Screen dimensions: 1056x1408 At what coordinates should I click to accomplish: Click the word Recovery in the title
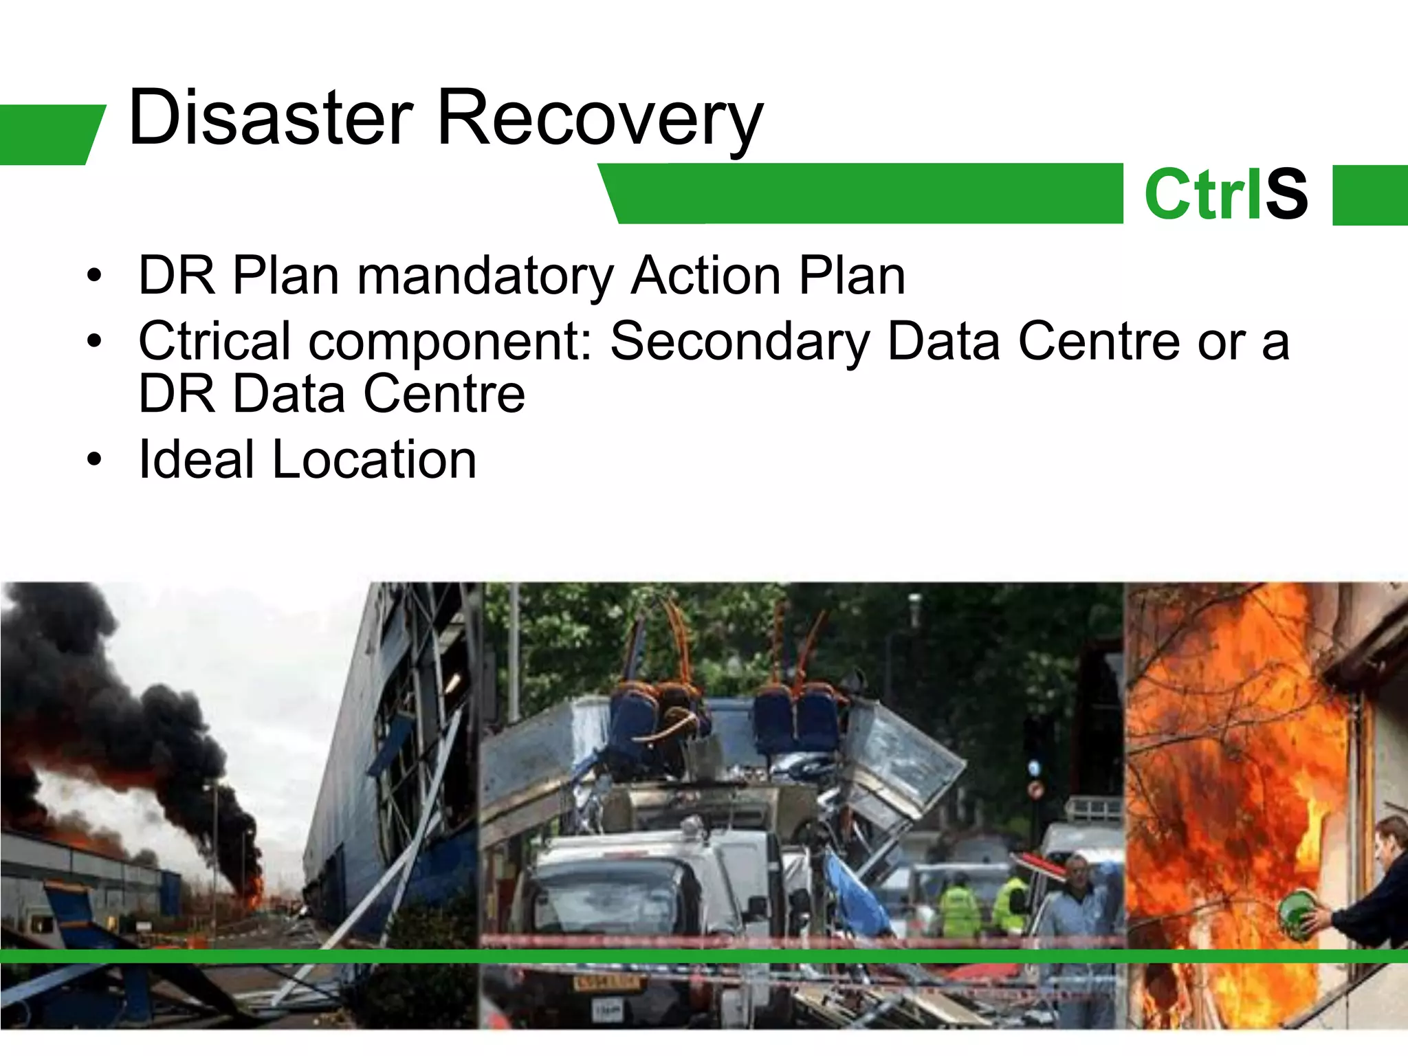(x=599, y=118)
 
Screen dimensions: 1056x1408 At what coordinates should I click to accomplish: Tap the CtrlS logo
(x=1226, y=195)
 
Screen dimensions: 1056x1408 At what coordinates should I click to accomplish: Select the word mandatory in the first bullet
(x=485, y=276)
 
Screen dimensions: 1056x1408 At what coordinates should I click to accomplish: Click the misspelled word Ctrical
(x=214, y=341)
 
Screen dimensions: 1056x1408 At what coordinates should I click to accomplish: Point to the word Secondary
(x=740, y=341)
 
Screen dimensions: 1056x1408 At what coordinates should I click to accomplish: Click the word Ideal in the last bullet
(x=197, y=459)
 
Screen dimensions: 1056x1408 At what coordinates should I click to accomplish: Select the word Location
(x=374, y=459)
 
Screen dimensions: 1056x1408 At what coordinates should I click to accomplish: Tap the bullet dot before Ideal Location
(x=94, y=459)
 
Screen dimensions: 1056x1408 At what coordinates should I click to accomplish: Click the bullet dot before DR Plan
(x=94, y=276)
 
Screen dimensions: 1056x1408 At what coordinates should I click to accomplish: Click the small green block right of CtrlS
(x=1369, y=195)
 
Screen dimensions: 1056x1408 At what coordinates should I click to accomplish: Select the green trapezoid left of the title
(x=48, y=135)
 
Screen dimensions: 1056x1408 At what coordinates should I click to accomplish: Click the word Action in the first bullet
(x=705, y=276)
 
